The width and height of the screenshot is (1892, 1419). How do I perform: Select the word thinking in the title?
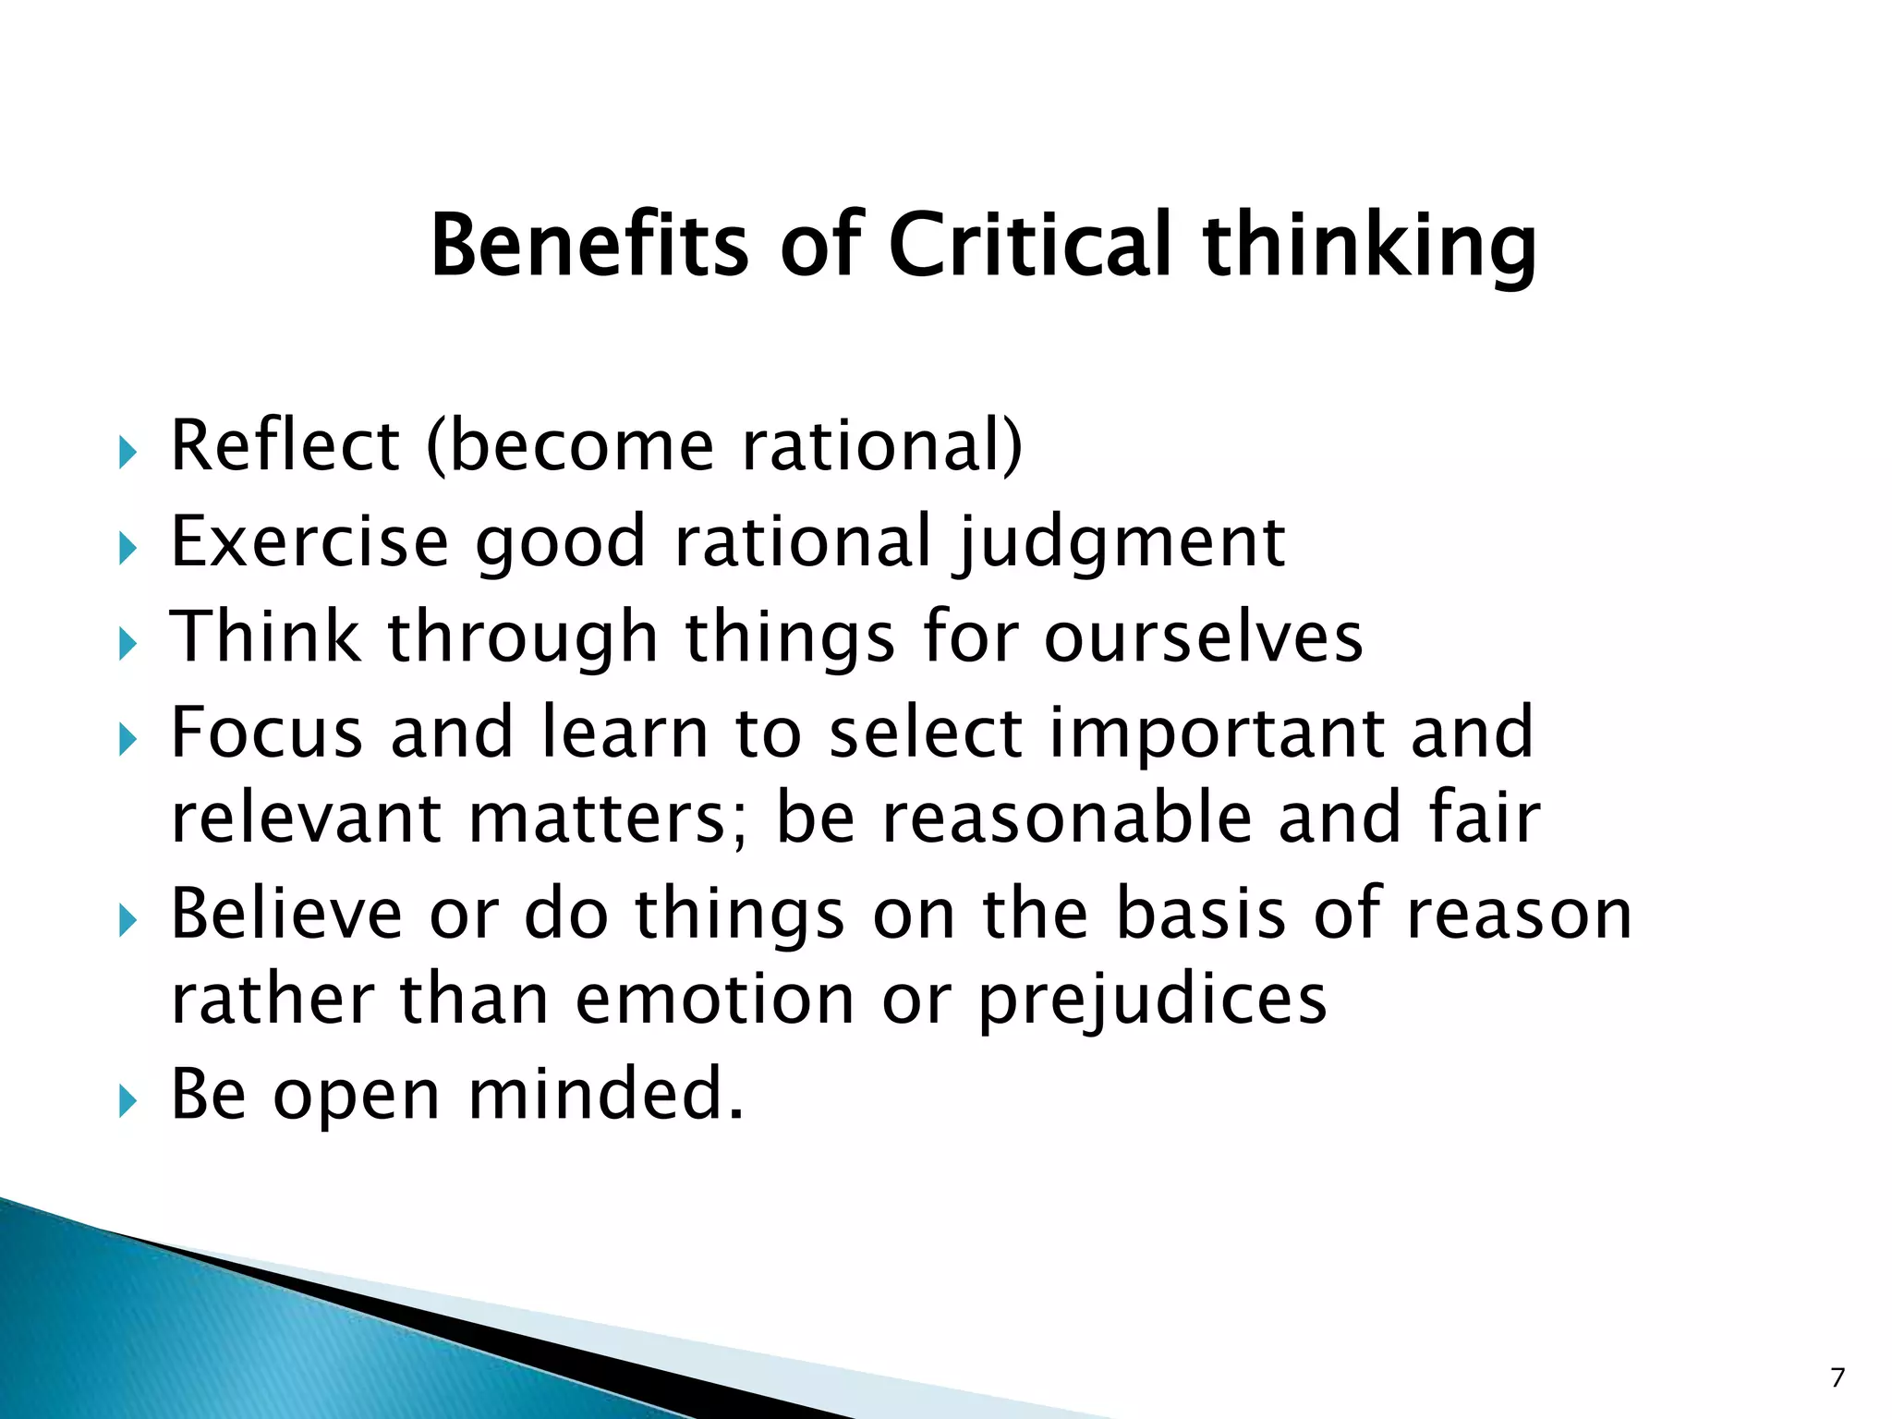[x=1370, y=246]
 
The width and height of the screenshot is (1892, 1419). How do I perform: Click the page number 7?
[x=1837, y=1377]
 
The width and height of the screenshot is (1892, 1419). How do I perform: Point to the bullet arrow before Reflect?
[x=127, y=454]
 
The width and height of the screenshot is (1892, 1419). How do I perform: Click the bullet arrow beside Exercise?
[x=127, y=550]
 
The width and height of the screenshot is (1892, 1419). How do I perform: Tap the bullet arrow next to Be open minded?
[x=127, y=1101]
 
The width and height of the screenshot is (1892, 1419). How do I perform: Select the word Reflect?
[x=285, y=445]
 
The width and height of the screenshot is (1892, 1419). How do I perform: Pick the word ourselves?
[x=1203, y=637]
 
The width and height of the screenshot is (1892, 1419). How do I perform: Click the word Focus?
[x=267, y=732]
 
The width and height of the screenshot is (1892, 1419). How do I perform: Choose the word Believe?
[x=286, y=913]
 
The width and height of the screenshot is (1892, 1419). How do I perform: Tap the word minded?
[x=605, y=1093]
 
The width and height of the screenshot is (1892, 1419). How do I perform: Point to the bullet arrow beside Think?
[x=127, y=644]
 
